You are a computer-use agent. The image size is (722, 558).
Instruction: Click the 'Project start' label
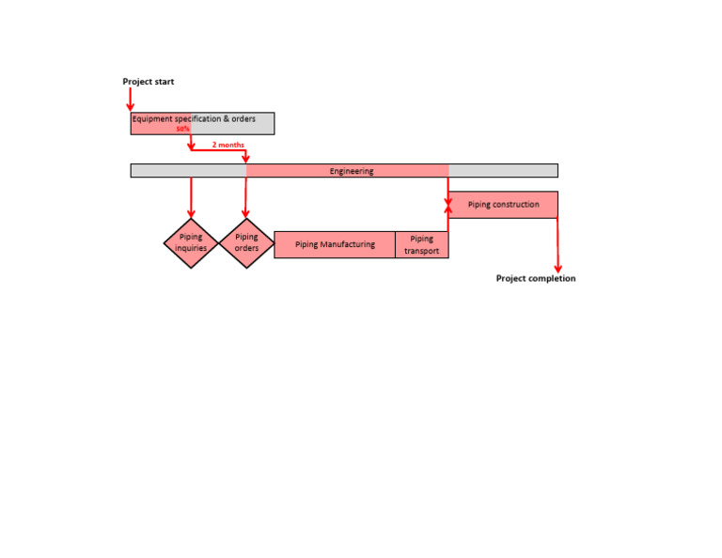[148, 82]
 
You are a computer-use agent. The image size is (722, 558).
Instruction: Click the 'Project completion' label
[536, 279]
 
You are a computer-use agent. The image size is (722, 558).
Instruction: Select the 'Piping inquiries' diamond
[191, 243]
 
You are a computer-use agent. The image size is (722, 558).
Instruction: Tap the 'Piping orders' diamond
[246, 243]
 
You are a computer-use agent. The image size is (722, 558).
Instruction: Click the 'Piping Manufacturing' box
[335, 244]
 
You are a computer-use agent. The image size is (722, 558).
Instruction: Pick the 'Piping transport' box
[421, 244]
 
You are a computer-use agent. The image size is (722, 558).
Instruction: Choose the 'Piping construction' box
[503, 205]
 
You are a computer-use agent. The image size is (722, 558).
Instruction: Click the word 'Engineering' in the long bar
[352, 171]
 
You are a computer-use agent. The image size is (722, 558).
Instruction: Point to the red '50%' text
[182, 129]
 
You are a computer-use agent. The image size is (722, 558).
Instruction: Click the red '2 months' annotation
[228, 145]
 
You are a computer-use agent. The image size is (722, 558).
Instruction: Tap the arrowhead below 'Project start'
[131, 106]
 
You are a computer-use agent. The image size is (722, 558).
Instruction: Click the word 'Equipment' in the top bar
[152, 119]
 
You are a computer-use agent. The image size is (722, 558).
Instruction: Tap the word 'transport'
[422, 251]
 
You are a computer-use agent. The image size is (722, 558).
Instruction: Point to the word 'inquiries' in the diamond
[191, 249]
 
